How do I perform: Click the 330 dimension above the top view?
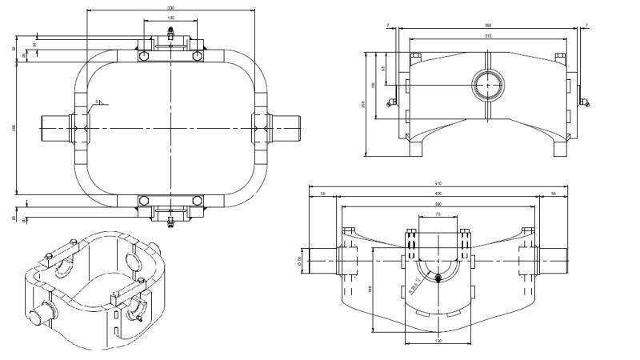tap(170, 8)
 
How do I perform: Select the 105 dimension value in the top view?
tap(170, 18)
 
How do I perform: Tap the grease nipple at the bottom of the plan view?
tap(170, 221)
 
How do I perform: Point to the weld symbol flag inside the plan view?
tap(99, 102)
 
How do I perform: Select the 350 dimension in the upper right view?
tap(487, 26)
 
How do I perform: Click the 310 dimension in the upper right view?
tap(487, 36)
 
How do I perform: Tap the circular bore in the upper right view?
tap(487, 83)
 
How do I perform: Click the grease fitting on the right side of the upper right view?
tap(585, 102)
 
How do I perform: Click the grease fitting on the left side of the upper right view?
tap(390, 102)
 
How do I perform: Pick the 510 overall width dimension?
tap(438, 184)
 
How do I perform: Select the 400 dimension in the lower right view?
tap(438, 194)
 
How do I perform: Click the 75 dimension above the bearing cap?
tap(438, 215)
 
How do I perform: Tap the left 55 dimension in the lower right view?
tap(322, 194)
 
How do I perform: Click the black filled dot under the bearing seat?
tap(438, 278)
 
